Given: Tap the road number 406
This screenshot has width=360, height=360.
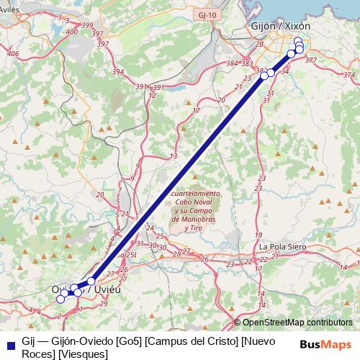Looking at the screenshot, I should click(x=12, y=54).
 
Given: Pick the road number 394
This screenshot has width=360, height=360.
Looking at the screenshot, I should click(x=118, y=72).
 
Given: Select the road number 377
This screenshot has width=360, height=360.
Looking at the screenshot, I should click(x=311, y=60).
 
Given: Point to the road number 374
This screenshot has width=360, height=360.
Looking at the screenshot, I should click(x=349, y=75).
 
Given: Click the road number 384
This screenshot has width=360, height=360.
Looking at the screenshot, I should click(x=232, y=64).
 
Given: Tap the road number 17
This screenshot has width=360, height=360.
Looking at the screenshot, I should click(x=196, y=110).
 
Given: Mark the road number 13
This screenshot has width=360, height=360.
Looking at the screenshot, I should click(x=173, y=156).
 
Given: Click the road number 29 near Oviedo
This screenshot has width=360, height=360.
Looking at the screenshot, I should click(x=104, y=303).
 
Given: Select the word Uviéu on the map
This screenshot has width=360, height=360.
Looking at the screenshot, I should click(x=101, y=289).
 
